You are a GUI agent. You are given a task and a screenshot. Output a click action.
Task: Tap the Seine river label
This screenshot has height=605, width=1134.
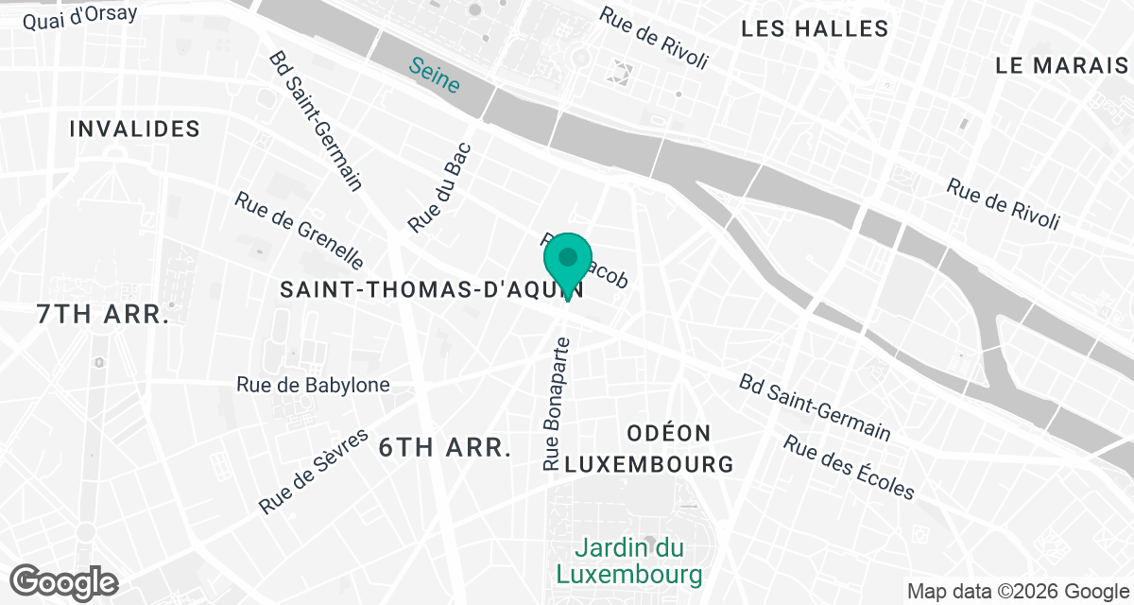click(435, 76)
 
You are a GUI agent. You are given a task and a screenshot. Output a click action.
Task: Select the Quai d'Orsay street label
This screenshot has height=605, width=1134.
click(79, 17)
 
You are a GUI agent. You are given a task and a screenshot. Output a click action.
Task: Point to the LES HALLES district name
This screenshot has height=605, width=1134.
click(815, 28)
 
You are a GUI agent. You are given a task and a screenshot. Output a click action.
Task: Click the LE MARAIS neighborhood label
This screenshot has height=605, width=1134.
click(1063, 65)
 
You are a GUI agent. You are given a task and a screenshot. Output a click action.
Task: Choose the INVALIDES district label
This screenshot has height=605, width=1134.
click(135, 129)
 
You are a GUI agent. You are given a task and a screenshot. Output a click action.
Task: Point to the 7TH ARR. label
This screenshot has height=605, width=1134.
click(102, 315)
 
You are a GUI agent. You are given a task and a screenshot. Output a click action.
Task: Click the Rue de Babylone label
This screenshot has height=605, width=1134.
click(313, 385)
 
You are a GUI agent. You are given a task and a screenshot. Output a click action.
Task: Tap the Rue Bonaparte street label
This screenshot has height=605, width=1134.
click(555, 403)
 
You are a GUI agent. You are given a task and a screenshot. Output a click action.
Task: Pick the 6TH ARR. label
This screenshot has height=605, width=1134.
click(445, 447)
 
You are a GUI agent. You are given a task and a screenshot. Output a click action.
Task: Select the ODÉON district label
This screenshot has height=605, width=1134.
click(669, 433)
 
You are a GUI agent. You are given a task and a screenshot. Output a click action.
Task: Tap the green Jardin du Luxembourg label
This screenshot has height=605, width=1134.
click(629, 560)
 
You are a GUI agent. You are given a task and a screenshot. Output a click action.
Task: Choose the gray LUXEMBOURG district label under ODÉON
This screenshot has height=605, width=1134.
click(649, 464)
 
